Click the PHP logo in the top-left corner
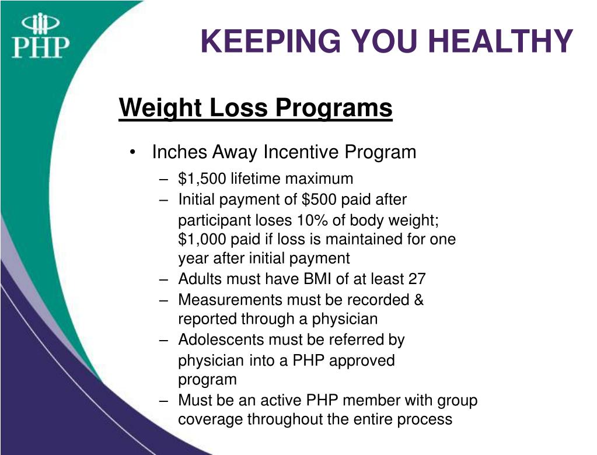coord(40,36)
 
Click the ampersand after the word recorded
coord(418,300)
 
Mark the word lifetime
coord(253,178)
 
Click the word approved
coord(362,360)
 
